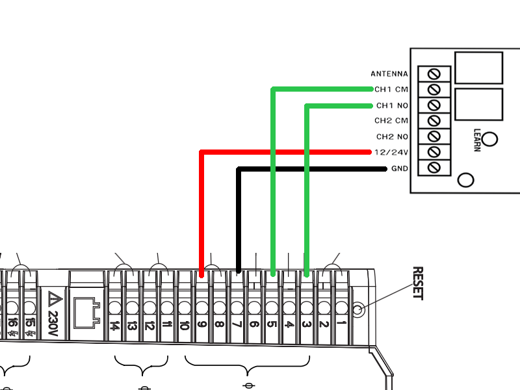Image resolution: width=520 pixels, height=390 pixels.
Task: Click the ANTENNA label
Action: pyautogui.click(x=389, y=73)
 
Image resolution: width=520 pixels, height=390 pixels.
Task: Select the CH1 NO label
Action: pyautogui.click(x=392, y=105)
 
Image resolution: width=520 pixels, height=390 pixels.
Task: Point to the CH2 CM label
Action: pyautogui.click(x=391, y=120)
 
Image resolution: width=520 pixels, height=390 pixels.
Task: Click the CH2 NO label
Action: pyautogui.click(x=392, y=136)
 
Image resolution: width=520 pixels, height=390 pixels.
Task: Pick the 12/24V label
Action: pyautogui.click(x=391, y=153)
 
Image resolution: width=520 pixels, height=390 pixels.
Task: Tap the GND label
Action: pyautogui.click(x=399, y=169)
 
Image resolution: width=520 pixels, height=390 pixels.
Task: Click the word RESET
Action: pyautogui.click(x=418, y=283)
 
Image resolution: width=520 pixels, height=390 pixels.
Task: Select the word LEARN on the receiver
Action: pyautogui.click(x=477, y=139)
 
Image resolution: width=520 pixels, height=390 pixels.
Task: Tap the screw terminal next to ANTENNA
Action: pyautogui.click(x=435, y=73)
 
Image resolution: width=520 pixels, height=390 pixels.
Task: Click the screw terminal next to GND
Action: pyautogui.click(x=435, y=168)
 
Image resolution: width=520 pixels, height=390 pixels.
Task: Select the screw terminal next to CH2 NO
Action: pyautogui.click(x=435, y=136)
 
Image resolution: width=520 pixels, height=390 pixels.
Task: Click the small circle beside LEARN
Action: pyautogui.click(x=491, y=139)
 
